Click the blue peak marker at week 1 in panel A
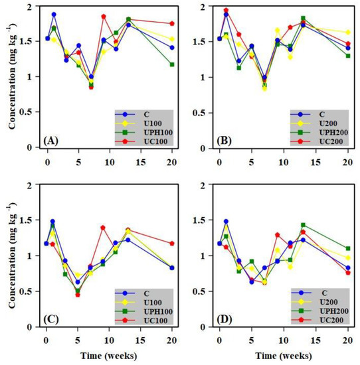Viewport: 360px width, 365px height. coord(54,14)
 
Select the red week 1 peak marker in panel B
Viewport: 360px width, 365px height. coord(226,11)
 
